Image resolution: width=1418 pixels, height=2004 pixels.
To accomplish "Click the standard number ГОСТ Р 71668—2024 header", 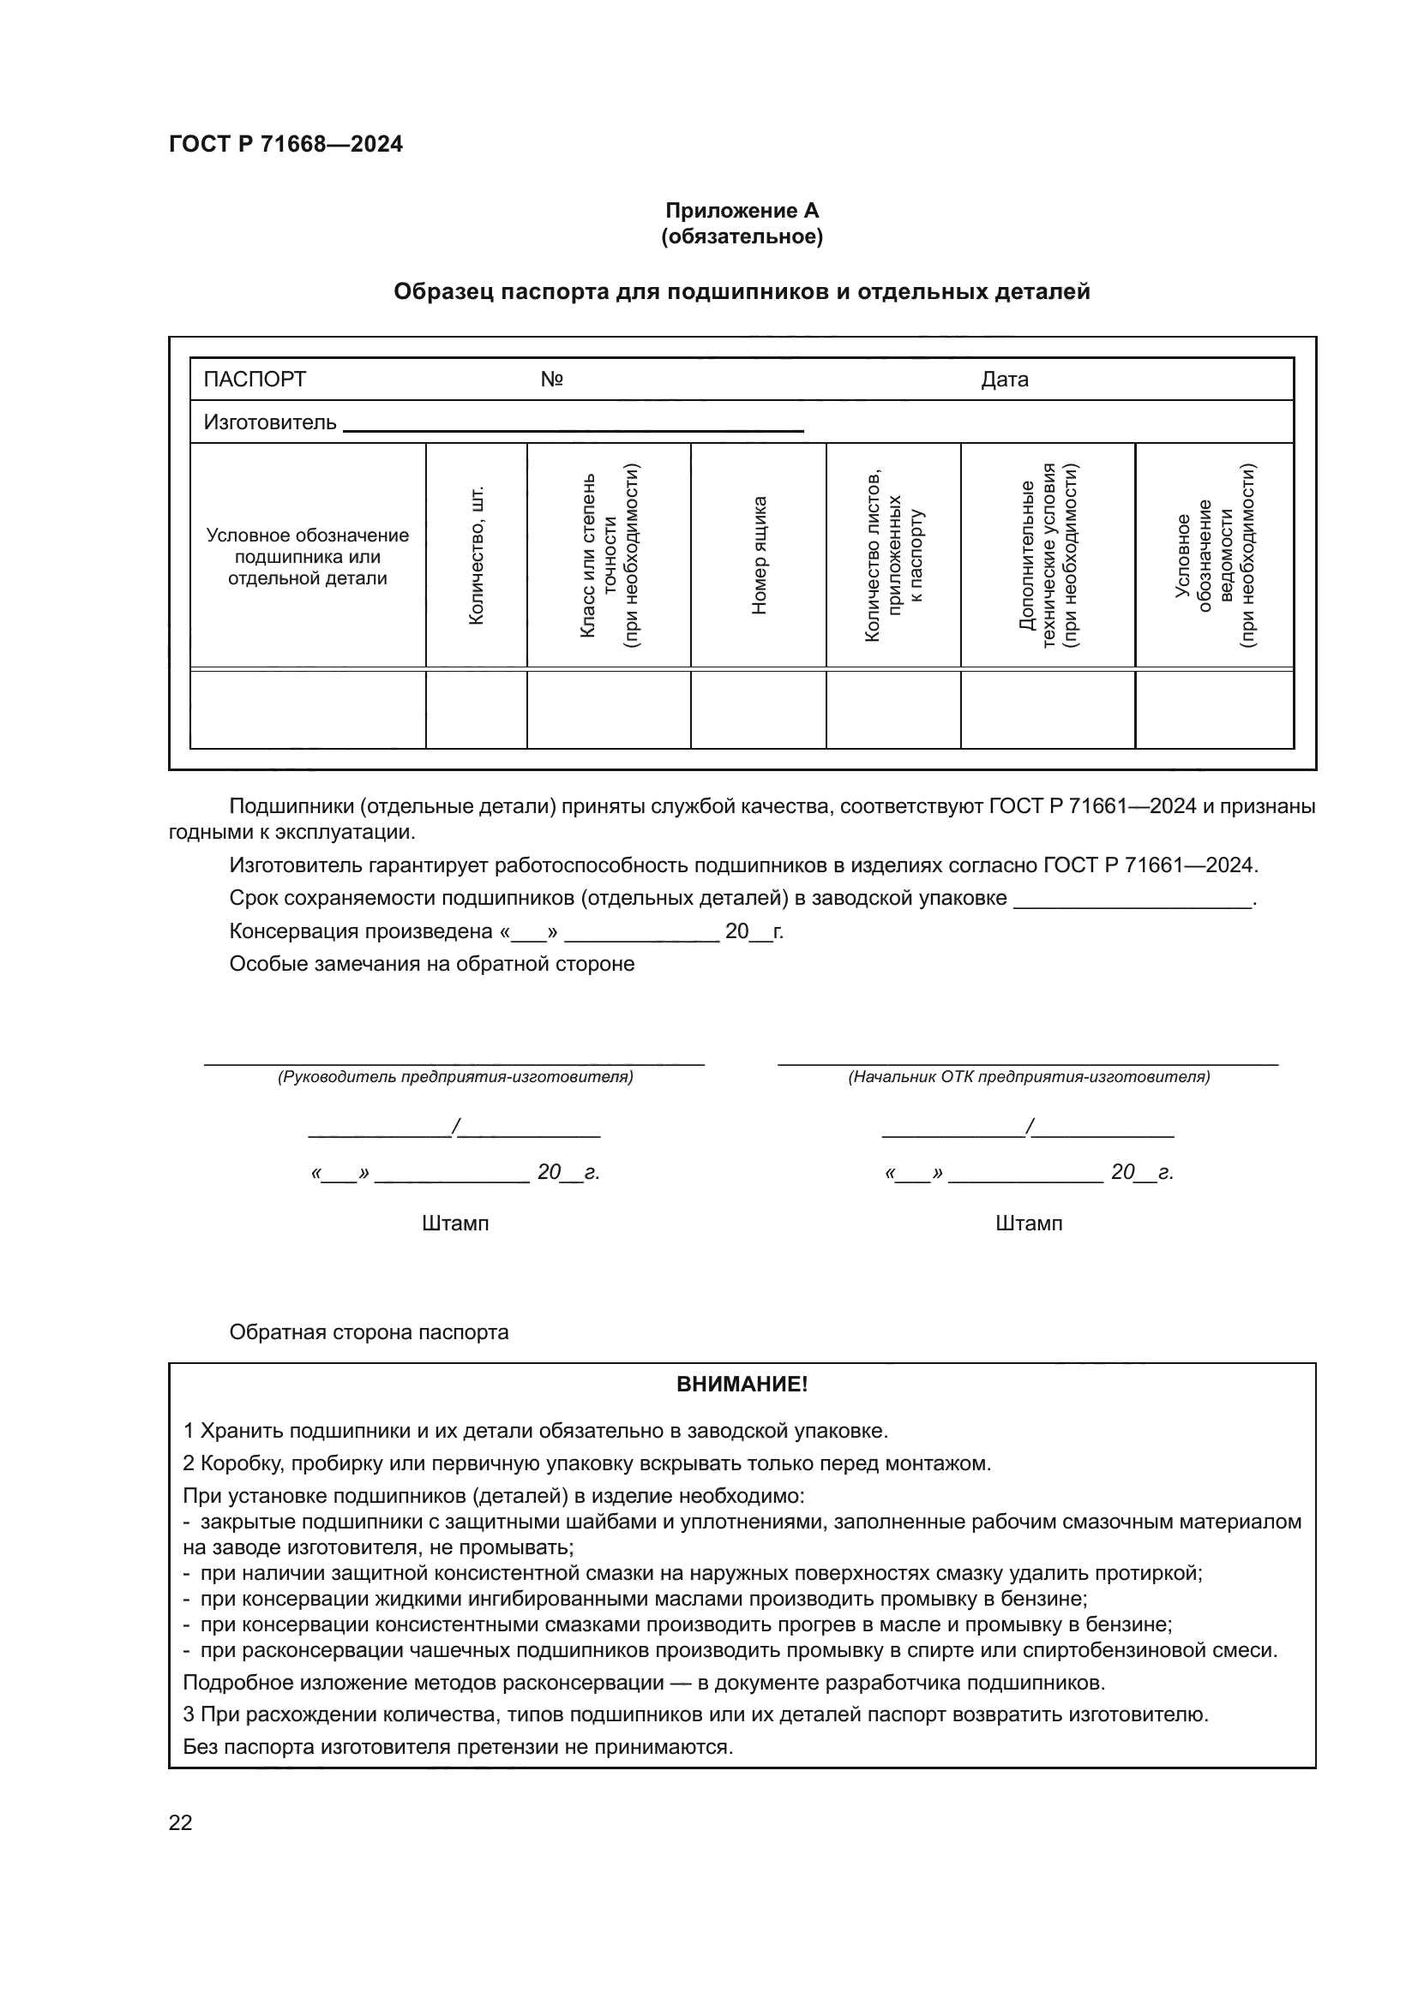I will [x=285, y=144].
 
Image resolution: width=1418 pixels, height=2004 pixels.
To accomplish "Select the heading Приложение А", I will [x=742, y=211].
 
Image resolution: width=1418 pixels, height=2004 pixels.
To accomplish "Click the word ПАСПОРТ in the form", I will [x=254, y=379].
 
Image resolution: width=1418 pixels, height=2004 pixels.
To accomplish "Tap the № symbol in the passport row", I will [x=551, y=379].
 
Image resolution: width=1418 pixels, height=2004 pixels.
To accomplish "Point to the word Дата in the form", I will [x=1004, y=379].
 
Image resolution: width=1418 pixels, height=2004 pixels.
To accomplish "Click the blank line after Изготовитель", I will [x=573, y=427].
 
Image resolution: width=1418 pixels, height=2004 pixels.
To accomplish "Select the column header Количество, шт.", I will [x=476, y=556].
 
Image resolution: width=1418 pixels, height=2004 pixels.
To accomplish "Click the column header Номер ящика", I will [x=759, y=556].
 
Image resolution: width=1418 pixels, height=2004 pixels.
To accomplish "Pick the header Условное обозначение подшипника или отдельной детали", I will [x=308, y=556].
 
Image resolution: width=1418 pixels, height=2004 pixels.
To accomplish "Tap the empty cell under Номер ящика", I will [x=758, y=709].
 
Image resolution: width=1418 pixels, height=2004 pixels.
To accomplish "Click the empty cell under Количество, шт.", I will [x=476, y=709].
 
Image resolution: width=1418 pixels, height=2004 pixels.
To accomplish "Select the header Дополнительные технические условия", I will [x=1048, y=556].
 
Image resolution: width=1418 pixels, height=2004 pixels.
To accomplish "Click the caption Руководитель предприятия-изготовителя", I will [x=455, y=1077].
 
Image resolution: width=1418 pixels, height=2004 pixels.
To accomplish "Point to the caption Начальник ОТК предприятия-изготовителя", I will [x=1029, y=1077].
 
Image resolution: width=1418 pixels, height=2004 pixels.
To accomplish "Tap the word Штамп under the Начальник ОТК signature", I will [x=1029, y=1223].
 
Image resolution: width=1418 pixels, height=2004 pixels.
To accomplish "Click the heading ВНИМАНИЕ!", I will [x=742, y=1385].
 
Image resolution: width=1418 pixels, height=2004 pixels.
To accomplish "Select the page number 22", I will [x=180, y=1822].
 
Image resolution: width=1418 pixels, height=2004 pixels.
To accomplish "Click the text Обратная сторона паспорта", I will [x=369, y=1332].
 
